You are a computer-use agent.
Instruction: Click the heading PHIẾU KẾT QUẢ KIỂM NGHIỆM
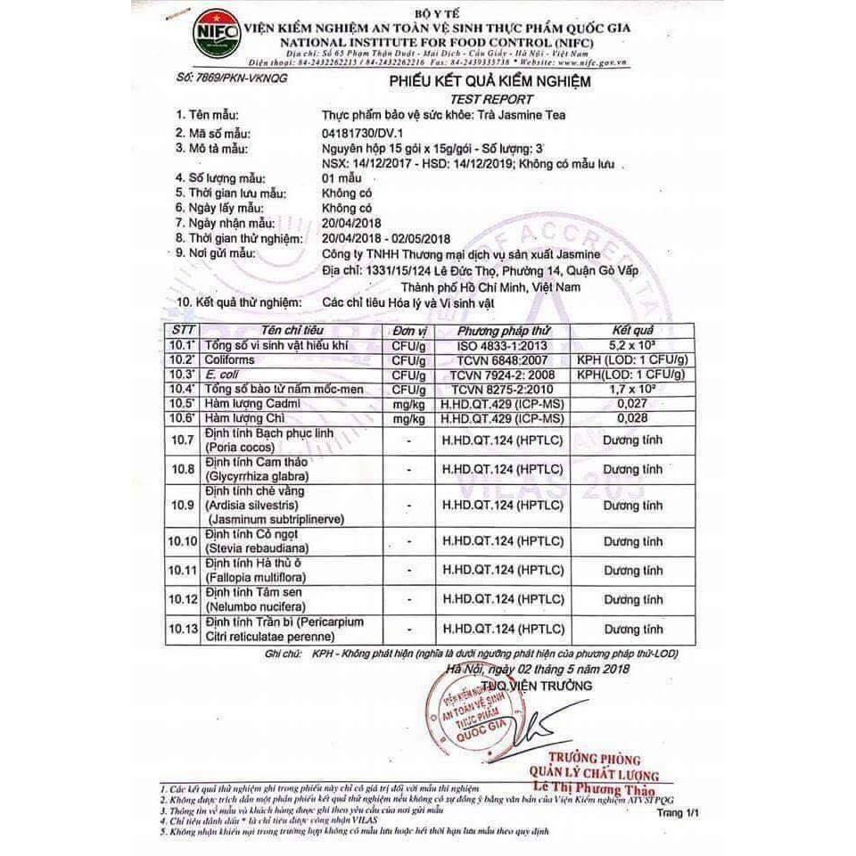[490, 83]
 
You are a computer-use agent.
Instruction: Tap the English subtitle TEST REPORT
[491, 100]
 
